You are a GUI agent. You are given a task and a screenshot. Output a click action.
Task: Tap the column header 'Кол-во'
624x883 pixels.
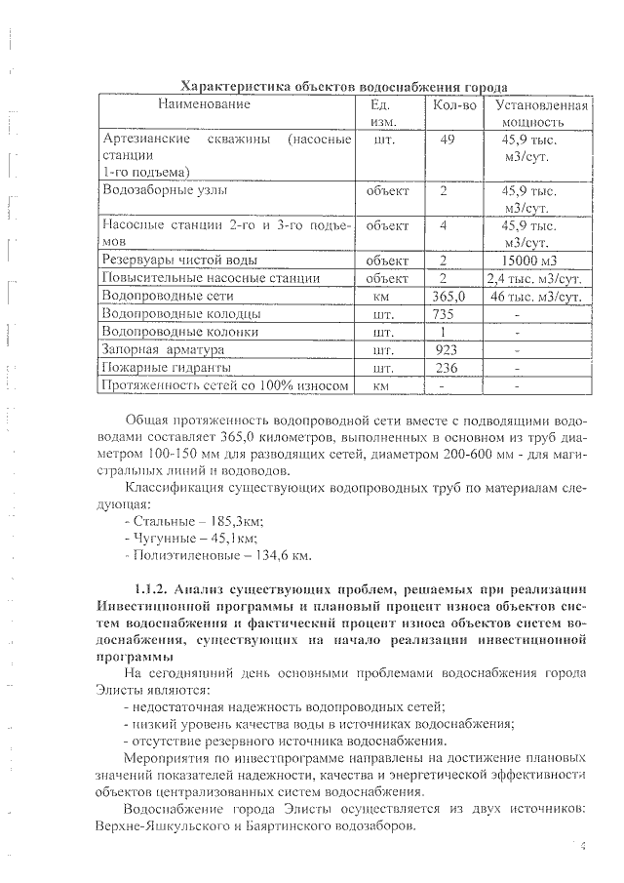(x=449, y=104)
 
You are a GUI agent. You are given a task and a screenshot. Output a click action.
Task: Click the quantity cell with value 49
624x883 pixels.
(x=448, y=140)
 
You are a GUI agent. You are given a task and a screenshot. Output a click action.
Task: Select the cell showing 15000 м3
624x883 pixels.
(x=540, y=261)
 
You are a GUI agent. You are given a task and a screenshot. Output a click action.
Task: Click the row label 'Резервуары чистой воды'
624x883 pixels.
(x=179, y=261)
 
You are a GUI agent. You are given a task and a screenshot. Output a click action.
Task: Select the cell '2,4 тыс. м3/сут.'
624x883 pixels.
(x=538, y=278)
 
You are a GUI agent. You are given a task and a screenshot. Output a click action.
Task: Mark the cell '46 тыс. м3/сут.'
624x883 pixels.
(x=539, y=296)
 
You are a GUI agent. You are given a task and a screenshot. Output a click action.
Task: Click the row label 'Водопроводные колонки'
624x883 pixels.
(x=180, y=332)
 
